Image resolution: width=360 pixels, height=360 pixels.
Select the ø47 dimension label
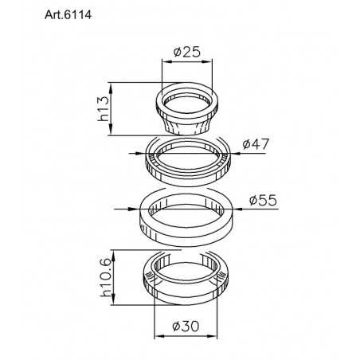point(256,144)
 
